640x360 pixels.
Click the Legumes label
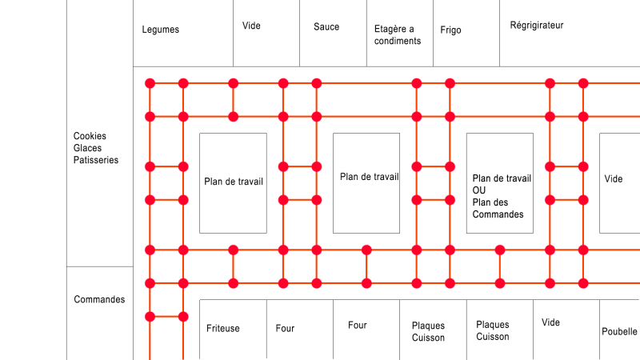coord(161,30)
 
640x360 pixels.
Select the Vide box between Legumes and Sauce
coord(266,33)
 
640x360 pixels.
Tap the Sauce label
coord(326,27)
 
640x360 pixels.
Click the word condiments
coord(397,41)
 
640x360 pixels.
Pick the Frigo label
coord(450,30)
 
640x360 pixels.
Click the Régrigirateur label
coord(536,26)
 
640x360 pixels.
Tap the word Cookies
coord(90,136)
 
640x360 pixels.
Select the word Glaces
coord(87,148)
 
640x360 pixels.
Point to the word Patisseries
coord(95,159)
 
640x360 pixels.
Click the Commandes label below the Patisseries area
coord(99,299)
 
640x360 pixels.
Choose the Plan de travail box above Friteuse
coord(233,183)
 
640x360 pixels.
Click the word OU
coord(478,190)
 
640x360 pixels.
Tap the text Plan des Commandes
coord(498,208)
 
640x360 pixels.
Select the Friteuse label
coord(223,328)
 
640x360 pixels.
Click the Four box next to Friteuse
coord(300,330)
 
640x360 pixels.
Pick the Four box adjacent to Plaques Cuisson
coord(366,330)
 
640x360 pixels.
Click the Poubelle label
coord(619,331)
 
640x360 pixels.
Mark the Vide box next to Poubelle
coord(566,330)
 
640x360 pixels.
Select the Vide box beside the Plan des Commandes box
coord(619,183)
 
